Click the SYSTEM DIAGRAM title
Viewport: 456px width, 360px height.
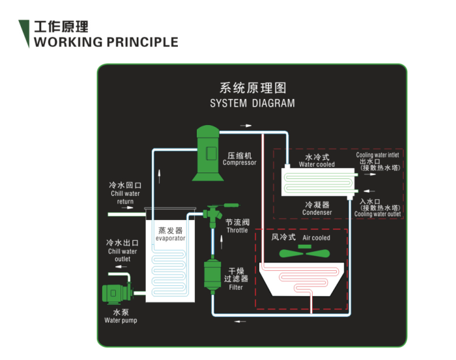[252, 104]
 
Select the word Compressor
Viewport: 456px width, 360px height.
[240, 163]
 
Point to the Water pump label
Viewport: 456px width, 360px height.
[121, 320]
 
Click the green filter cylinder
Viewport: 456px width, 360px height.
[212, 277]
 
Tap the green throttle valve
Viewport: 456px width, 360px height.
[212, 214]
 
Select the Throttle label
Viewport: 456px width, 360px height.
[236, 230]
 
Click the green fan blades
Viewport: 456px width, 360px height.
[304, 253]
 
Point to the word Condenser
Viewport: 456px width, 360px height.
[317, 212]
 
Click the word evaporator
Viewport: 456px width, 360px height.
[171, 238]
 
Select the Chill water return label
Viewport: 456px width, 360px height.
[125, 197]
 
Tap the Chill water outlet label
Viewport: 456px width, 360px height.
[122, 255]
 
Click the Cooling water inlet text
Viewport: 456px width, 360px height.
[377, 155]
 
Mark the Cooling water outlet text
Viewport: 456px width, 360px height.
[377, 214]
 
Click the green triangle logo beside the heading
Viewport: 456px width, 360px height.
[25, 33]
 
